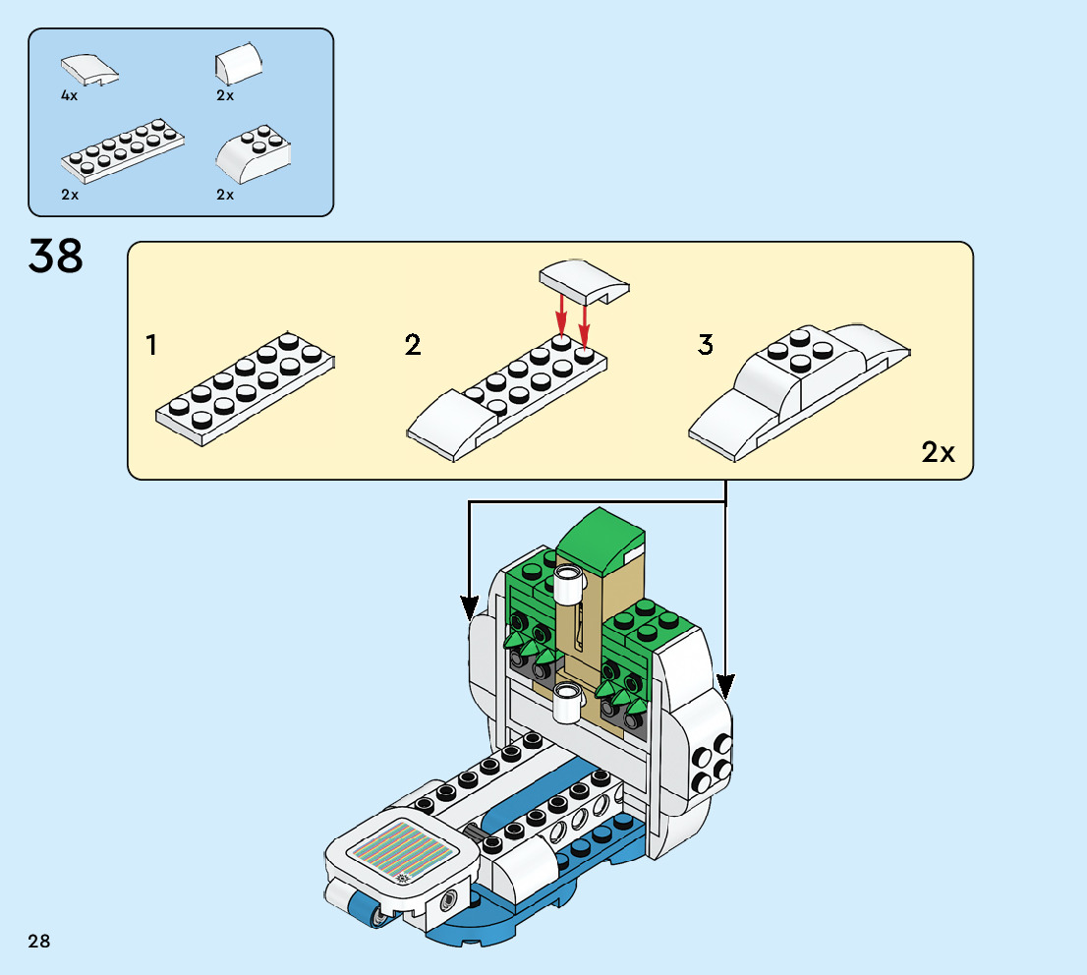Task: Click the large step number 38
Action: pyautogui.click(x=56, y=257)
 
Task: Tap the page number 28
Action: pyautogui.click(x=39, y=942)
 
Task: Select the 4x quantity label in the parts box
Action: pyautogui.click(x=69, y=96)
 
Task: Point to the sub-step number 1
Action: pyautogui.click(x=151, y=346)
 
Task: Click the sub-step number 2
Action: pyautogui.click(x=413, y=346)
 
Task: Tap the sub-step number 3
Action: pyautogui.click(x=706, y=346)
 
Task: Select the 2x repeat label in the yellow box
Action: pyautogui.click(x=938, y=453)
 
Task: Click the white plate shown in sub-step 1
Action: pyautogui.click(x=246, y=388)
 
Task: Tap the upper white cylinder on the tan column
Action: pyautogui.click(x=568, y=586)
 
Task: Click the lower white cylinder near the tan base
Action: pyautogui.click(x=568, y=702)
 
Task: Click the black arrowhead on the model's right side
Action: pyautogui.click(x=725, y=685)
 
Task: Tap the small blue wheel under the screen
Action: pyautogui.click(x=375, y=917)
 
